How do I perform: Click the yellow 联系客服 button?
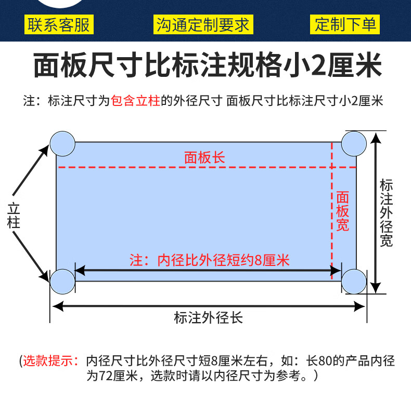point(59,24)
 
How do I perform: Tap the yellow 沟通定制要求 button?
point(203,24)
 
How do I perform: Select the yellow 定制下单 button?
point(345,24)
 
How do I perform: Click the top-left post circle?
point(63,143)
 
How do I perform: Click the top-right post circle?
point(354,143)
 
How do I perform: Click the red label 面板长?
point(204,157)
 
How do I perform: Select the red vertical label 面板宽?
point(342,211)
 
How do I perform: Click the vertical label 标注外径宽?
point(386,213)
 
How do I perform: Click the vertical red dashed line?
point(332,208)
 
